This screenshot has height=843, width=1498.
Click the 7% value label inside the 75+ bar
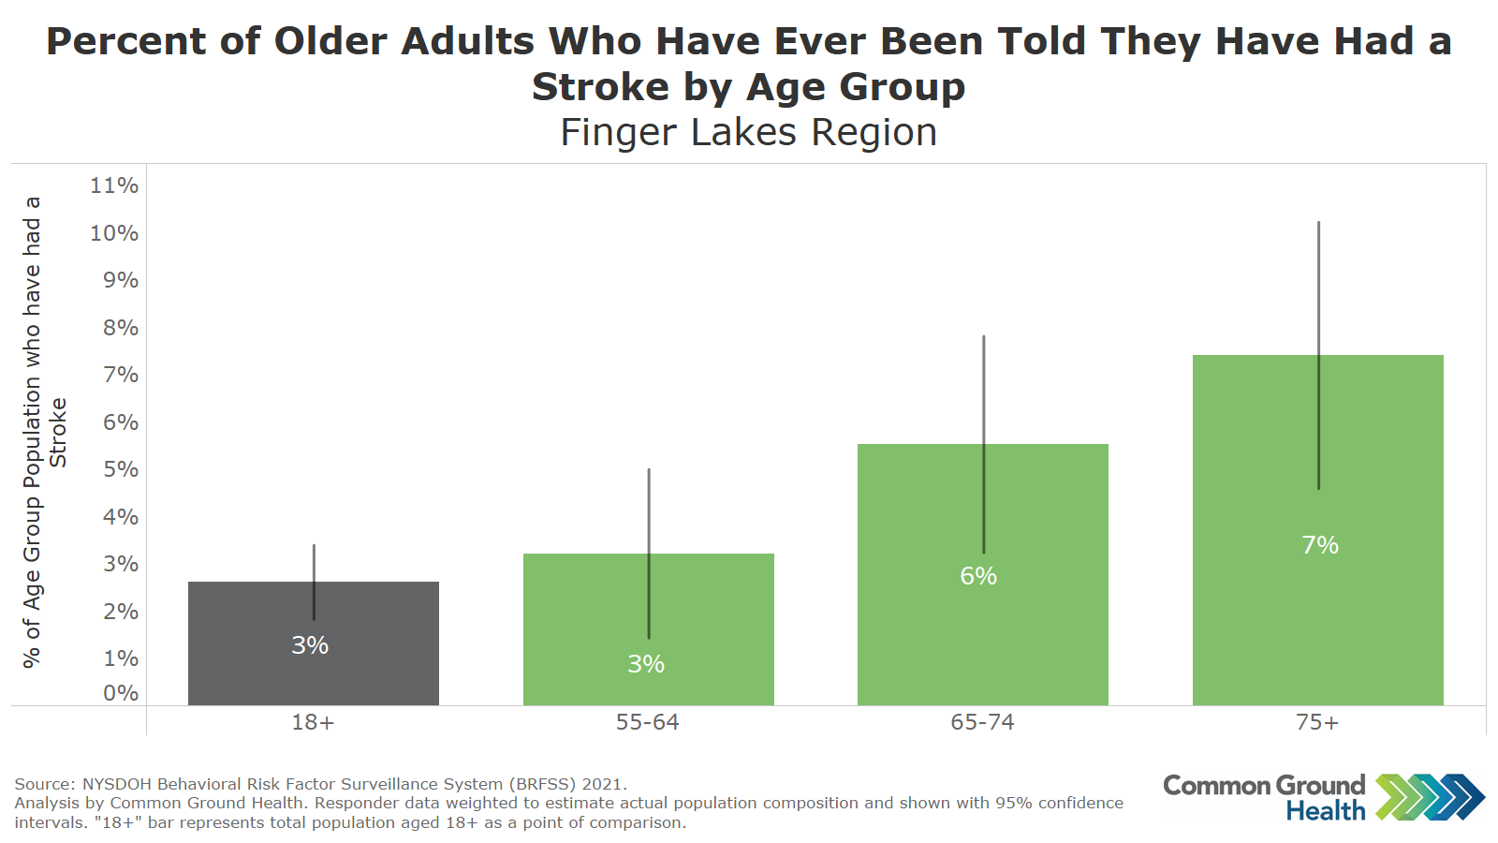(1320, 545)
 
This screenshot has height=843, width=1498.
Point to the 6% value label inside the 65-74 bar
(978, 576)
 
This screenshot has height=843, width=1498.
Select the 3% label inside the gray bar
(310, 645)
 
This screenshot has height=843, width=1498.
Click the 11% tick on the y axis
(114, 185)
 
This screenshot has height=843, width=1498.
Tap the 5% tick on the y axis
(121, 469)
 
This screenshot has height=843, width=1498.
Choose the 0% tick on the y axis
(121, 693)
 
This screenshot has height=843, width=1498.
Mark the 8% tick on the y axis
(121, 328)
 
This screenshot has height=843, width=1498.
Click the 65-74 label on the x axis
(982, 722)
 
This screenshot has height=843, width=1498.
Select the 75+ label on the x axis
(1317, 722)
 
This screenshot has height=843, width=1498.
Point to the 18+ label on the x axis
(313, 722)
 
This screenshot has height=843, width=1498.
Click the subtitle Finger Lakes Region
(749, 132)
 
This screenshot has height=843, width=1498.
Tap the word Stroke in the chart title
(598, 87)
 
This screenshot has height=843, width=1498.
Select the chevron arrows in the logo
(1431, 797)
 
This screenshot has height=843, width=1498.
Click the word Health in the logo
(1326, 811)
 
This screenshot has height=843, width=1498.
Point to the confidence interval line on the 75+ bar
(1318, 281)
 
